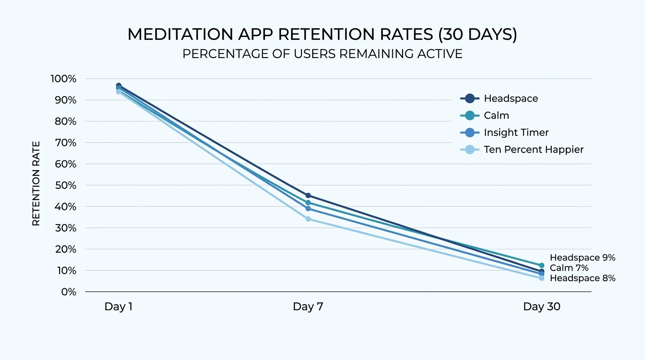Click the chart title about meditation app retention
[322, 35]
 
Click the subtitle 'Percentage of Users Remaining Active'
[322, 54]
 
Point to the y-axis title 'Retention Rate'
[36, 184]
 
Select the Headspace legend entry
[510, 98]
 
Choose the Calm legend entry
[496, 115]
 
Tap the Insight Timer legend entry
[516, 133]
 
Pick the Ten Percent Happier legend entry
[533, 150]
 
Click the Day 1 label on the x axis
[119, 307]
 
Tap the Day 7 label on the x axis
[308, 307]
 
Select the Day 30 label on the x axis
[541, 307]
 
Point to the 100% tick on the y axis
[63, 79]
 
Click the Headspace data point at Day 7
[308, 195]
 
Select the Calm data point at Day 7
[308, 203]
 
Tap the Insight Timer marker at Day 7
[308, 209]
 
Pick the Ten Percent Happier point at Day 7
[308, 219]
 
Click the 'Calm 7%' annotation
[569, 268]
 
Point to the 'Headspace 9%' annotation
[582, 258]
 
